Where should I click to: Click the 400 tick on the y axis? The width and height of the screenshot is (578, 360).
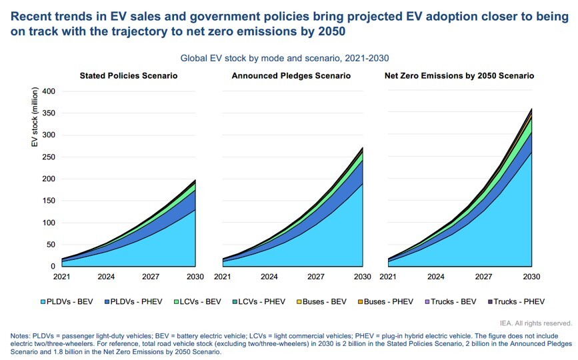tap(49, 91)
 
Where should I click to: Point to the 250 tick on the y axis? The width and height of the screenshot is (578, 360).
tap(49, 157)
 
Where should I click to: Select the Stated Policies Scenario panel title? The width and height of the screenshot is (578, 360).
tap(128, 76)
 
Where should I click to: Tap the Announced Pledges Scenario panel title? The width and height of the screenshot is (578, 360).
tap(291, 76)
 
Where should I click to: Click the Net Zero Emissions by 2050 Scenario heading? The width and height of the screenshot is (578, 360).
tap(459, 76)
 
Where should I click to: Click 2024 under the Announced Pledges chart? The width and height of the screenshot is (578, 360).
tap(269, 276)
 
